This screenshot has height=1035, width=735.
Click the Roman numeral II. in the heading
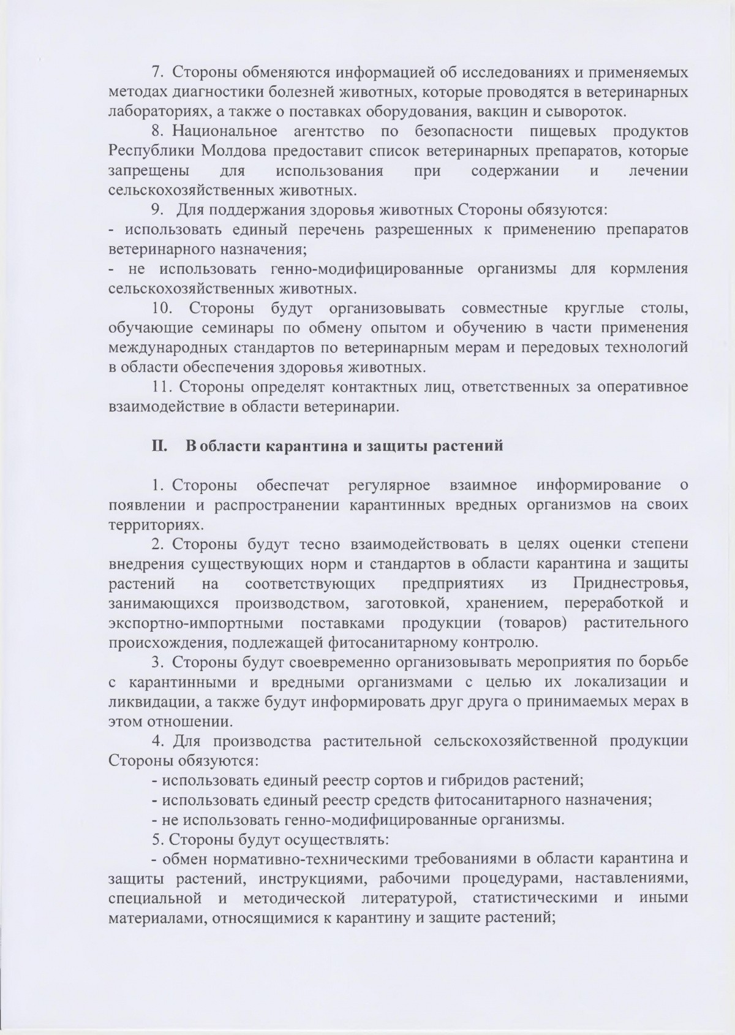pos(160,445)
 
